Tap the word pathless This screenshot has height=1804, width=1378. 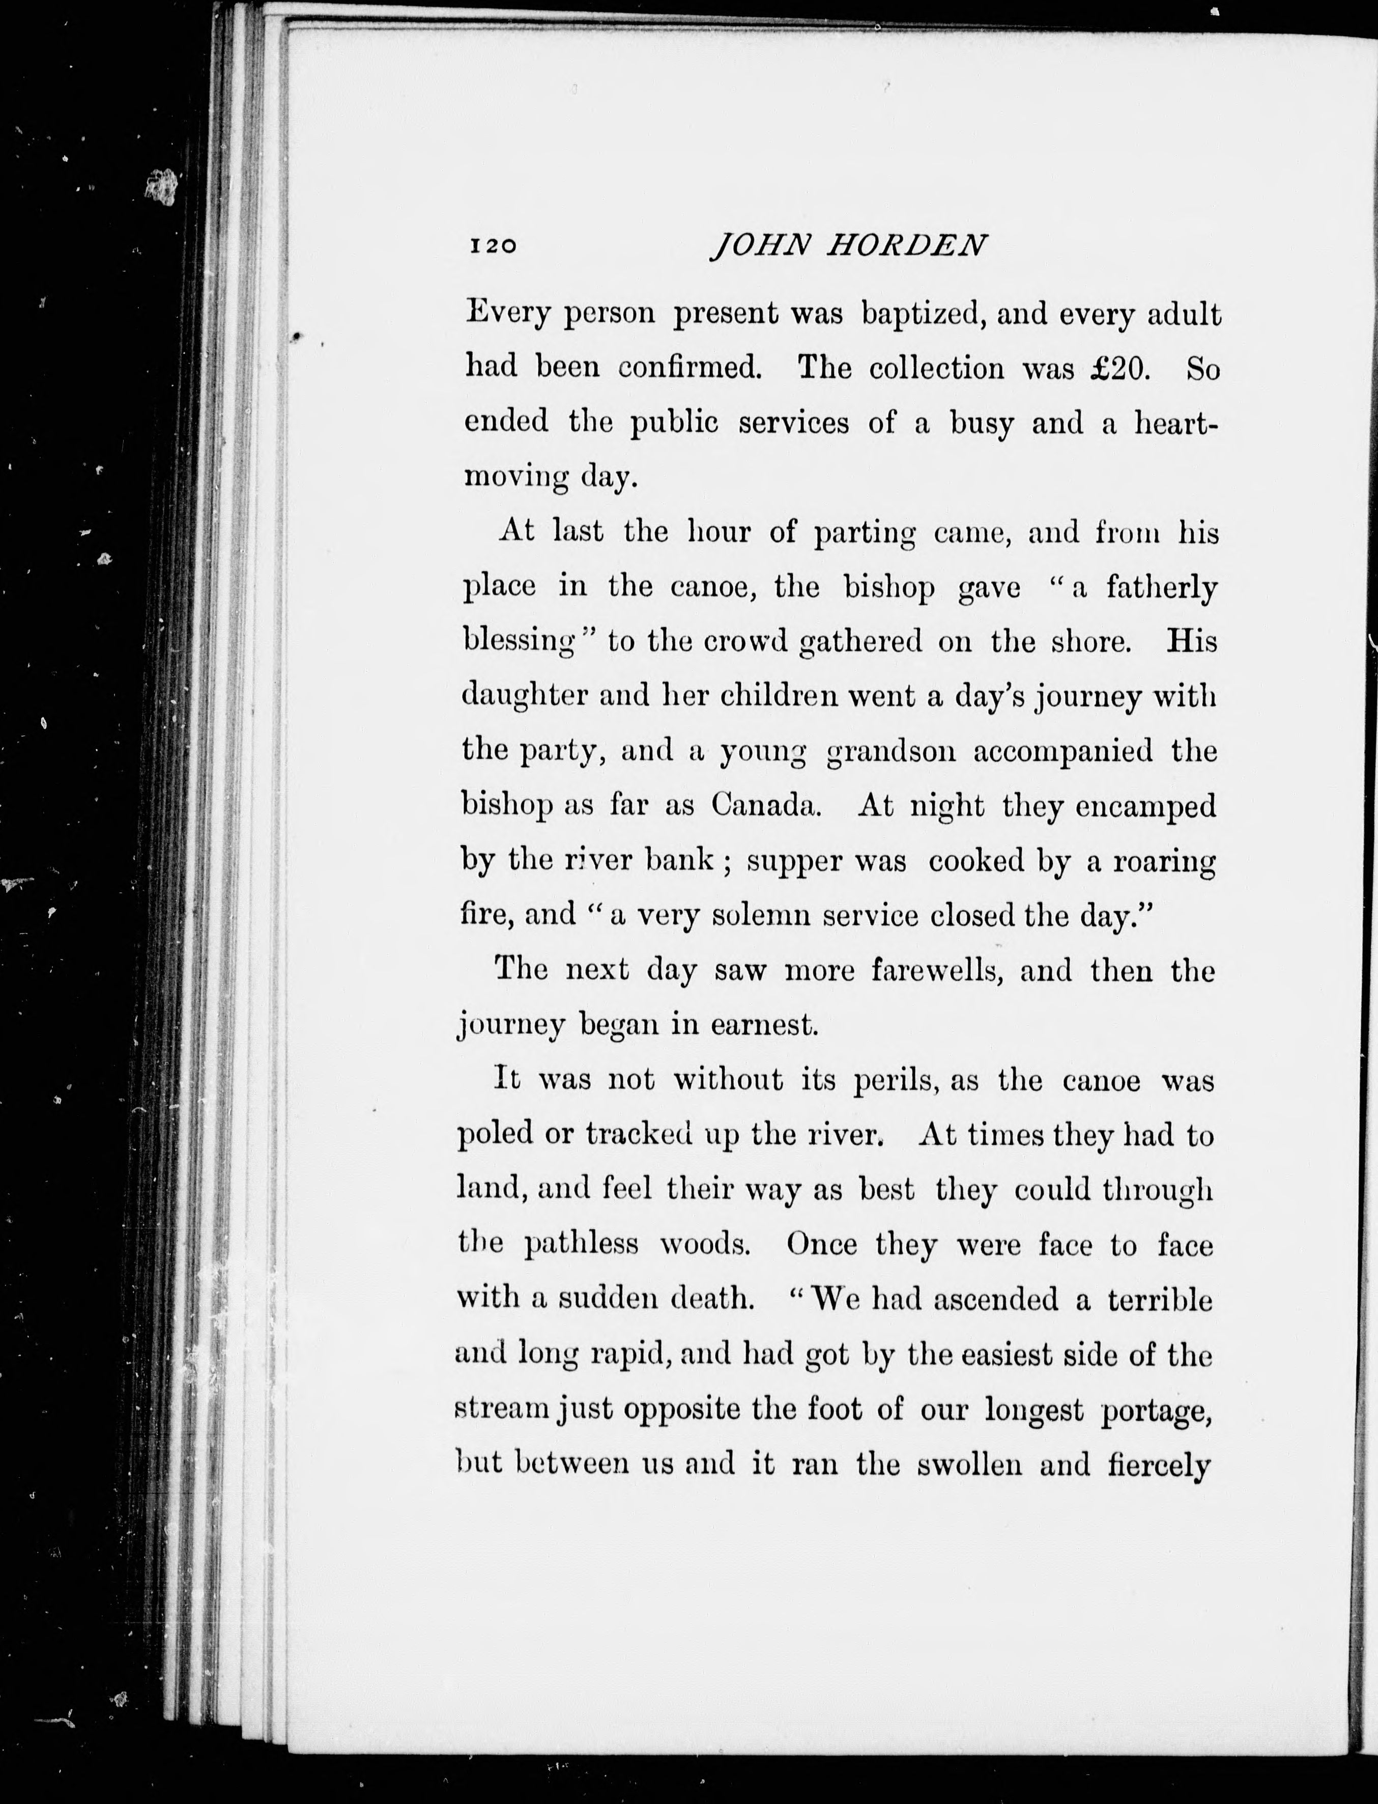[x=581, y=1245]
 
